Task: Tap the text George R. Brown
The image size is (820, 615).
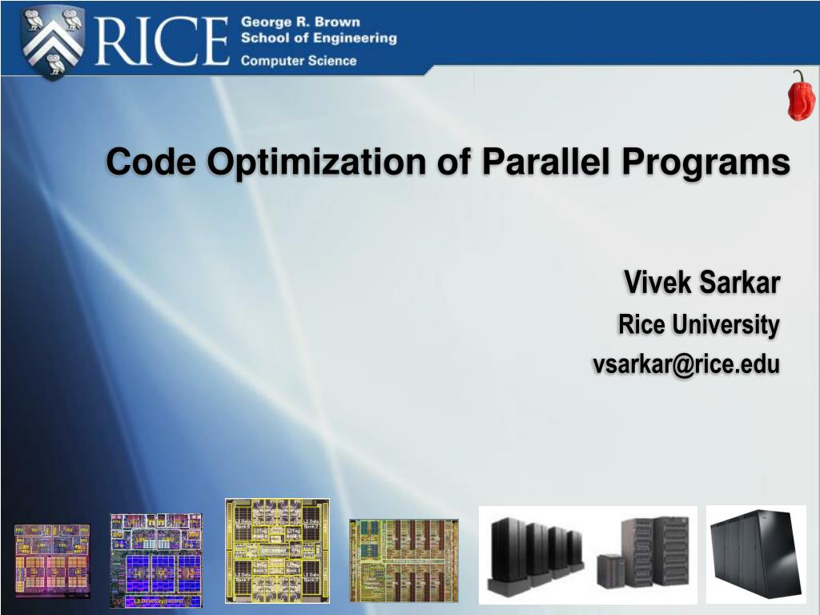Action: [300, 22]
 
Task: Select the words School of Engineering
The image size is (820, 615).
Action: [319, 38]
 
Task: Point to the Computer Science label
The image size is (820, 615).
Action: [299, 61]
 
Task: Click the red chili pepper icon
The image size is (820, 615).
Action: [800, 96]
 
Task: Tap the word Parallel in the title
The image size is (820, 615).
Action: [537, 162]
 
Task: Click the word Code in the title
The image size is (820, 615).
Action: [151, 162]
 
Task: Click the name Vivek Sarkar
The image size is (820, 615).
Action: [701, 282]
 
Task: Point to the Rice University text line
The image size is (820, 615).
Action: [698, 324]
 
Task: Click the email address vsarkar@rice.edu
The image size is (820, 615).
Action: [685, 364]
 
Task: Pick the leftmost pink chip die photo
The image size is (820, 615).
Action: [52, 561]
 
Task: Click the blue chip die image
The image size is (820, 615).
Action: [156, 559]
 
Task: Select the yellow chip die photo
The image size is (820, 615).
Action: [277, 550]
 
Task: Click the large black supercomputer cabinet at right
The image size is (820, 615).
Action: [756, 553]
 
